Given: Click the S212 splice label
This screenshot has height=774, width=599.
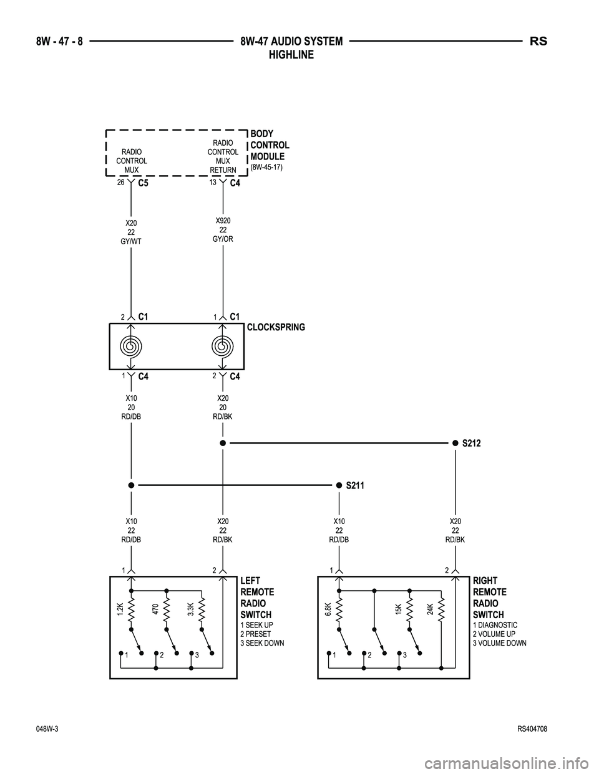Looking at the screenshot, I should [x=472, y=443].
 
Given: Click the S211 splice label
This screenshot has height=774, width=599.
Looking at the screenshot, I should [x=354, y=485].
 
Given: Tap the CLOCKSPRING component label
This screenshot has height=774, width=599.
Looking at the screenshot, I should [x=276, y=327].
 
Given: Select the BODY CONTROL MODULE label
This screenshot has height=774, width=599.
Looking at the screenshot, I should [x=270, y=145].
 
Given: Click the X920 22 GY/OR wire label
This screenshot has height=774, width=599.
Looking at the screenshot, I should [x=223, y=230].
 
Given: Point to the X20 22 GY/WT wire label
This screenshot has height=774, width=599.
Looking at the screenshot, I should [x=131, y=232].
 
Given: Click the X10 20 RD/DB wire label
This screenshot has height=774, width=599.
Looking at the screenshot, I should [x=131, y=407].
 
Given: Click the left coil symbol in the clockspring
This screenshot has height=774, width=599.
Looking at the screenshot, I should [x=131, y=346].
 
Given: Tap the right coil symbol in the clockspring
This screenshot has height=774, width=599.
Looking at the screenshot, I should [x=223, y=346].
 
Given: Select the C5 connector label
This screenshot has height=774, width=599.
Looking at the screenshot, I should [x=143, y=184].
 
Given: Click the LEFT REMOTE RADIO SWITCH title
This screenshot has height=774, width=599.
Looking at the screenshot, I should [x=256, y=598].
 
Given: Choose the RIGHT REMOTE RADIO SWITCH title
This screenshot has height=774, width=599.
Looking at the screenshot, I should [x=490, y=598].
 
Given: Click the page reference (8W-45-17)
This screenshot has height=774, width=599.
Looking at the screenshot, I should [x=267, y=168].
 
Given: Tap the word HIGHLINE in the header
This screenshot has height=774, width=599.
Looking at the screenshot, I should [x=291, y=55].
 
